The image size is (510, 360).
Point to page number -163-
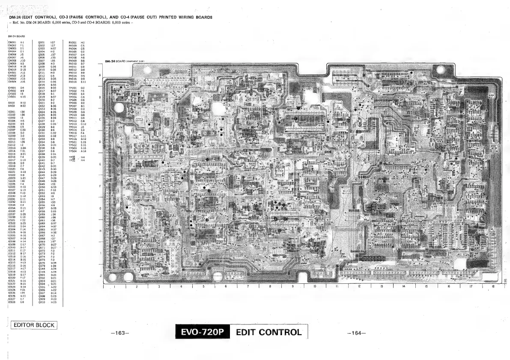(x=116, y=333)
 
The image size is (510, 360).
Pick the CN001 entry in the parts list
(x=12, y=43)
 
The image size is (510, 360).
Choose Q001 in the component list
(x=42, y=43)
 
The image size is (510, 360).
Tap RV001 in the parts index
(x=72, y=43)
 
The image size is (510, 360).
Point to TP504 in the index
(x=72, y=151)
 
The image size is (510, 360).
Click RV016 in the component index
(x=72, y=81)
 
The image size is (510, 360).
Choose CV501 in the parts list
(x=12, y=97)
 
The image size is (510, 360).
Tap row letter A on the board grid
(x=100, y=75)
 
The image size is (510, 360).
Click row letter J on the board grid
(x=100, y=276)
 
